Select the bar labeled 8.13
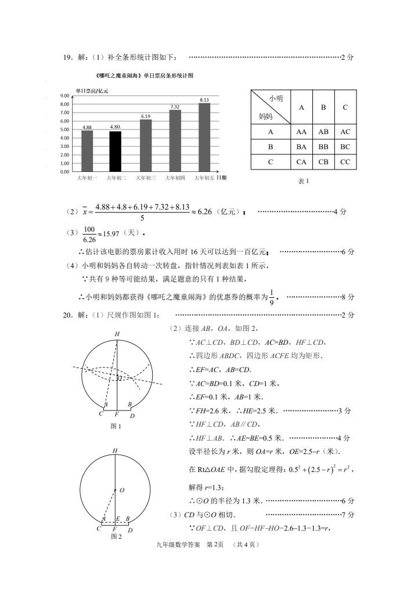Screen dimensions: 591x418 coord(204,137)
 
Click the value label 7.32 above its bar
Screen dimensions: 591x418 coord(175,107)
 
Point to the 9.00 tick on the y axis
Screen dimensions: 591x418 coord(66,96)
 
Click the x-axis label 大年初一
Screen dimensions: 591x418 coord(87,178)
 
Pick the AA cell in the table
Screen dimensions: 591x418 coord(301,132)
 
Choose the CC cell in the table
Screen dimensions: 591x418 coord(345,162)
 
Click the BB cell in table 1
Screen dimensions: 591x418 coord(323,147)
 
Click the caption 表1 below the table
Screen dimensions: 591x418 coord(303,181)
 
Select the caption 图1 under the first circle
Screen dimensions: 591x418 coord(116,426)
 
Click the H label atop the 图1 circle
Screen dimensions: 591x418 coord(117,334)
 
